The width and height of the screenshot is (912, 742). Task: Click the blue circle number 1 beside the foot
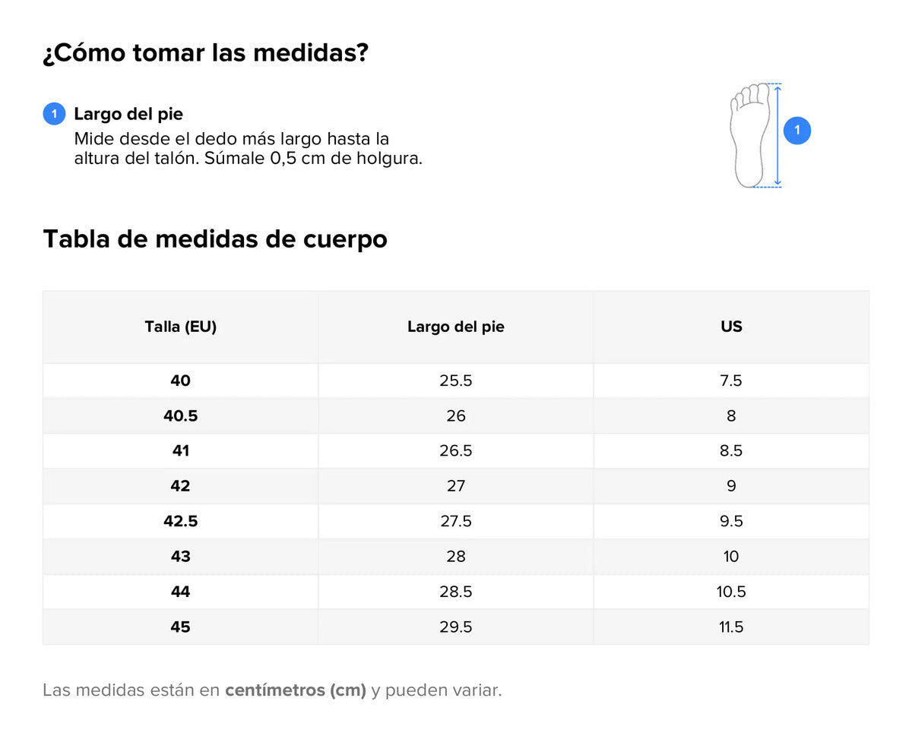[x=796, y=131]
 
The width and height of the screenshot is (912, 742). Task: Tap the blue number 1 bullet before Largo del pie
[x=54, y=114]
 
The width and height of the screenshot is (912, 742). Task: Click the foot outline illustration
[x=749, y=135]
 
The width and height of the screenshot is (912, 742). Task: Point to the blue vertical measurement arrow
[x=777, y=136]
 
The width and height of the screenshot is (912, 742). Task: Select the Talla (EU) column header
[x=181, y=327]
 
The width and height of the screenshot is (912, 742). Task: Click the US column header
[x=731, y=327]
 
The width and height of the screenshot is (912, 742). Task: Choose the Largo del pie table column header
[x=455, y=327]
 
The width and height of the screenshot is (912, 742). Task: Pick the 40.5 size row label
[x=181, y=415]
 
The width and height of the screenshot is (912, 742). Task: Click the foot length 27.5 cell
[x=455, y=521]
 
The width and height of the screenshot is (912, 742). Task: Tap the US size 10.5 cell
[x=731, y=592]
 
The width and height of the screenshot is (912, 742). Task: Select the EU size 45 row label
[x=181, y=627]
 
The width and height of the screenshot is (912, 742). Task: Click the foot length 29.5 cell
[x=455, y=627]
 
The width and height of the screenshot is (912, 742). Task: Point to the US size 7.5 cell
[x=731, y=380]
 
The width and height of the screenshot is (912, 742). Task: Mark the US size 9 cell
[x=731, y=486]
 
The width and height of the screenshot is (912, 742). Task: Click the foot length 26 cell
[x=455, y=415]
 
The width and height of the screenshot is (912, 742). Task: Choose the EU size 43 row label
[x=181, y=556]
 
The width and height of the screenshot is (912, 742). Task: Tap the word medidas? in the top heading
[x=311, y=52]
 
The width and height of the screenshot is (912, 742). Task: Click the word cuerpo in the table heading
[x=345, y=240]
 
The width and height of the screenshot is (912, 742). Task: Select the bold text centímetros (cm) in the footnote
[x=296, y=690]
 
